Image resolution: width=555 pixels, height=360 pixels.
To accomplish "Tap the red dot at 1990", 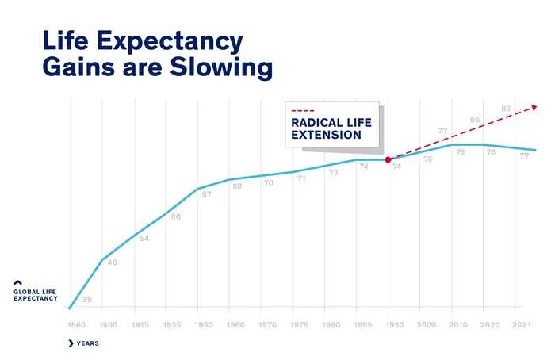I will (x=388, y=159).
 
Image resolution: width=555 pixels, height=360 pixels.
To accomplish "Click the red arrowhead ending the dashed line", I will (x=535, y=106).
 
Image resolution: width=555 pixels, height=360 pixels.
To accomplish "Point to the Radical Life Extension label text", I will (x=326, y=129).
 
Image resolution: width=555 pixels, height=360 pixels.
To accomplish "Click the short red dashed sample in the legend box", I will (x=303, y=111).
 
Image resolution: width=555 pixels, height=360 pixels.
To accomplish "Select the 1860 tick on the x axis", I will (x=76, y=325).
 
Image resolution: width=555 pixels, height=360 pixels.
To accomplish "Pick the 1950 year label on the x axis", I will (x=204, y=325).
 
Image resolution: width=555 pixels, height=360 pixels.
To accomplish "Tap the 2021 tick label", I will (x=522, y=325).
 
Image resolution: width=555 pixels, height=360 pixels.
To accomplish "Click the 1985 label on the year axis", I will (x=363, y=325).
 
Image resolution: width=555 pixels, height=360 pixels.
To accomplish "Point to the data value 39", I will (x=86, y=300).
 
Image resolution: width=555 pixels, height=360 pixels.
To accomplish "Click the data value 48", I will (x=112, y=262).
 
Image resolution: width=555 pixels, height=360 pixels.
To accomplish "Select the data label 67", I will (x=207, y=194).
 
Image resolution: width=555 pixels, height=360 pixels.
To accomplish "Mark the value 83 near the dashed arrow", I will (x=506, y=109).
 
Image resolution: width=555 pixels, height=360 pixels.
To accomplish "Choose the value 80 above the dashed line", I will (x=474, y=120).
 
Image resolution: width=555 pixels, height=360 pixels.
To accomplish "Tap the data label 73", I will (x=334, y=172).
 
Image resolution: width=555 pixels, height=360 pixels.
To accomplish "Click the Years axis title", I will (x=87, y=343).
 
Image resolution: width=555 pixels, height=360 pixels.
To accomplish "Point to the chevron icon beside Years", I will (x=71, y=343).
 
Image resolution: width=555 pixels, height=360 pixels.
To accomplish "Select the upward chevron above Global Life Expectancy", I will (x=18, y=282).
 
